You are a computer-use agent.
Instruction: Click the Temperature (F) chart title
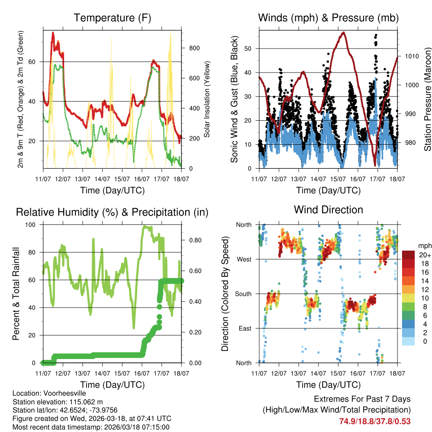[x=112, y=18]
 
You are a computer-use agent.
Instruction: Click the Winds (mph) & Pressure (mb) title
[x=328, y=18]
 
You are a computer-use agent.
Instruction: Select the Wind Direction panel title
[x=328, y=210]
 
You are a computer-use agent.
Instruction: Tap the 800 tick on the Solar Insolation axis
[x=194, y=48]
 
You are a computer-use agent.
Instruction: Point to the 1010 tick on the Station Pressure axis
[x=411, y=56]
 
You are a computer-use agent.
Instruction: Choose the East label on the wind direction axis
[x=244, y=328]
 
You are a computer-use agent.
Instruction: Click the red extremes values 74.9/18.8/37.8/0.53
[x=375, y=421]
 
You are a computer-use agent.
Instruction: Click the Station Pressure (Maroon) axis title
[x=427, y=99]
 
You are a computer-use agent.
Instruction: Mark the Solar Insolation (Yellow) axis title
[x=207, y=99]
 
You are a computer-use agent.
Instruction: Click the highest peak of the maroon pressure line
[x=344, y=32]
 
